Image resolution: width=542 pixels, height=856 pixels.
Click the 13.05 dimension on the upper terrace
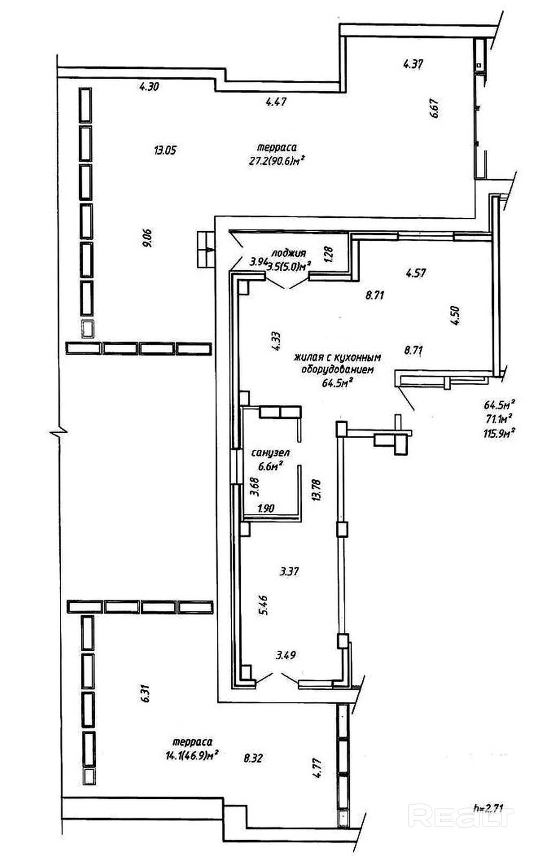165,150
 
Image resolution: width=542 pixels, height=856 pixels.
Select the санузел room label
270,453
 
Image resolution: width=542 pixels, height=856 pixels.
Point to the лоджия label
288,253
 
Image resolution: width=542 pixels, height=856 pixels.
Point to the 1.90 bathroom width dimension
266,508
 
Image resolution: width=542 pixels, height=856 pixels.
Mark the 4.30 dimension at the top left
149,87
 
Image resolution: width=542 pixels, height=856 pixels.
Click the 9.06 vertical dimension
148,238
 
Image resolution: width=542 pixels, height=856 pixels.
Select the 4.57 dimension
416,273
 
